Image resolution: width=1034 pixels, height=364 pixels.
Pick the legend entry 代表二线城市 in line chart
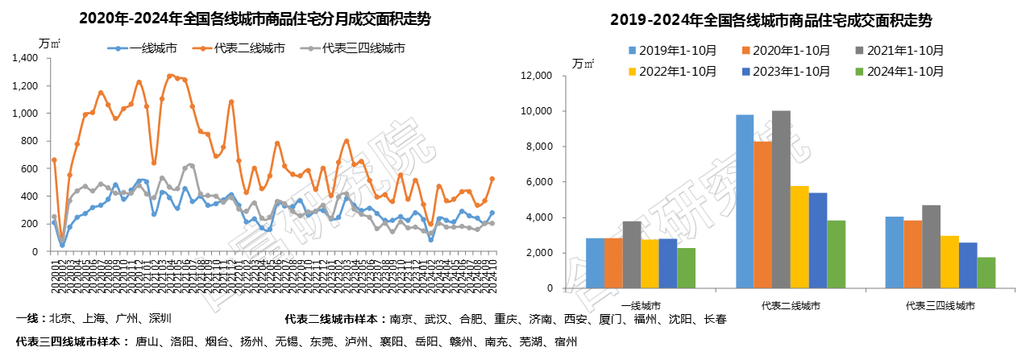(249, 48)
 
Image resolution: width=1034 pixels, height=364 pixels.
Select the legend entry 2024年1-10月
(899, 71)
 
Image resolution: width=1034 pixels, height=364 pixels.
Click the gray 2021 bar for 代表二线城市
(781, 199)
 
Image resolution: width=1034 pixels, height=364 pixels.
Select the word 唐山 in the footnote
(146, 341)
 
